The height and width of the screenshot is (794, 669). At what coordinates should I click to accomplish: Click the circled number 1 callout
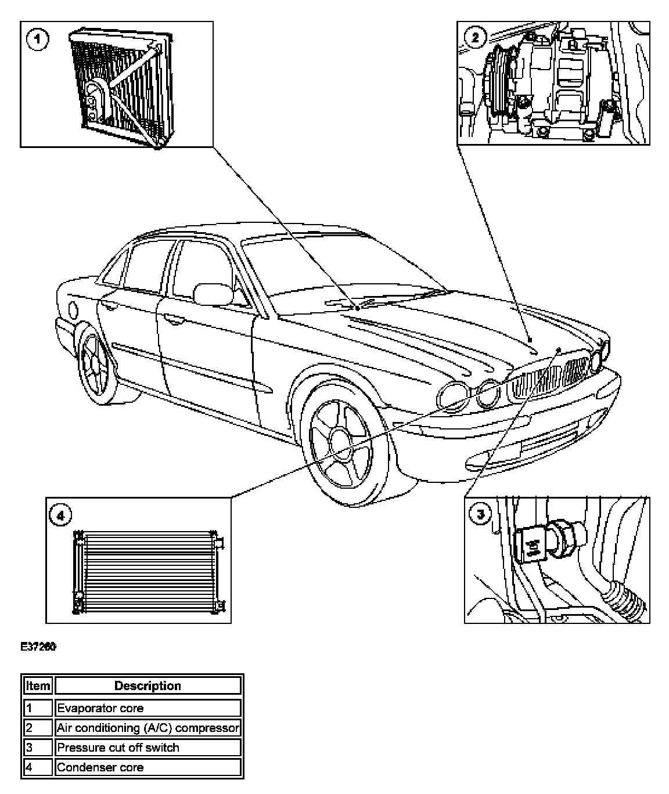(38, 40)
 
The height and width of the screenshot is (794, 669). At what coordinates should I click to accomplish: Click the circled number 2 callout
(475, 38)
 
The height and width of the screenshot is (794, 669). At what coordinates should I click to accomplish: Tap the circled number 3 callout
(480, 514)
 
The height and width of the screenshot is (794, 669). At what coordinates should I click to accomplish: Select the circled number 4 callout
(60, 514)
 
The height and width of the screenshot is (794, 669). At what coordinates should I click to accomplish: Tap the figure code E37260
(39, 647)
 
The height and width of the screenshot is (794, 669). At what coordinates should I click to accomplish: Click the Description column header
(148, 686)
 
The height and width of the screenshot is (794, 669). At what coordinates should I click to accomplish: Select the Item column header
(38, 686)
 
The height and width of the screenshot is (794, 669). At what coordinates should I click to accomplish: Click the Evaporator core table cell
(148, 708)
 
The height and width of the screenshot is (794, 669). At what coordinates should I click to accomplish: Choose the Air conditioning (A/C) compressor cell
(148, 728)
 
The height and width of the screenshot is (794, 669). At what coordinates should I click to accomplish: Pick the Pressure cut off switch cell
(148, 748)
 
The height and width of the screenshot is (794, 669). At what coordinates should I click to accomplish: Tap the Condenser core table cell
(148, 767)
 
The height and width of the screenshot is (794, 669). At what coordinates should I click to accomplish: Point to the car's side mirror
(212, 294)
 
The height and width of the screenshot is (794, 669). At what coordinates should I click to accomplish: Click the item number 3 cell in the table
(38, 748)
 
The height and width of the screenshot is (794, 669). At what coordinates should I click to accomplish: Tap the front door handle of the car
(172, 319)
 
